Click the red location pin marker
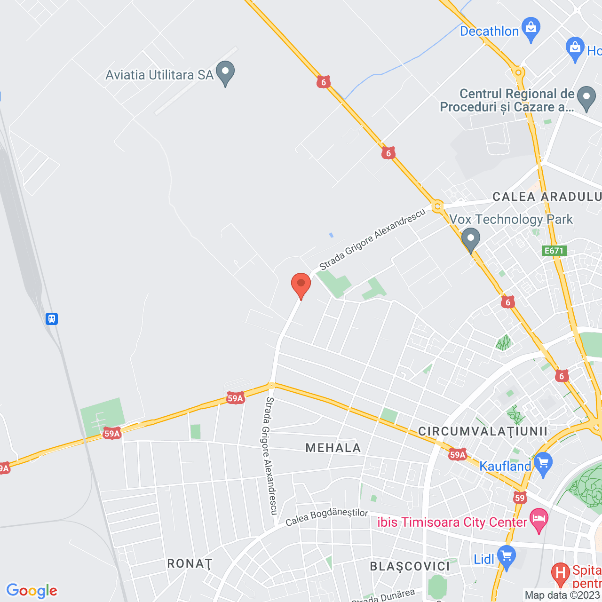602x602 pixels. [301, 284]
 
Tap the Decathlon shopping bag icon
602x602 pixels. [531, 29]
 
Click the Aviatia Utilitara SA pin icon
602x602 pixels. [225, 72]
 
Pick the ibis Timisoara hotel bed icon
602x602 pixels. [539, 520]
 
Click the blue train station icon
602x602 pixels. [52, 319]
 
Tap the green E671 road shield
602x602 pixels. [554, 251]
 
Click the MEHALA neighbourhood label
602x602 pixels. [333, 448]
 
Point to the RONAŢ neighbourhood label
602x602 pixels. [190, 563]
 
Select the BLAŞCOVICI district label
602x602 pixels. [410, 566]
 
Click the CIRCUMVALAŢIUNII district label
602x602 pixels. [483, 431]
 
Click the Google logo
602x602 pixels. [32, 591]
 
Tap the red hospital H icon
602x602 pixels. [560, 573]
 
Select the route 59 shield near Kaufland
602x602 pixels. [519, 498]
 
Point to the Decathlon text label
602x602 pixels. [489, 31]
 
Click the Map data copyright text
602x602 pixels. [562, 595]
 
